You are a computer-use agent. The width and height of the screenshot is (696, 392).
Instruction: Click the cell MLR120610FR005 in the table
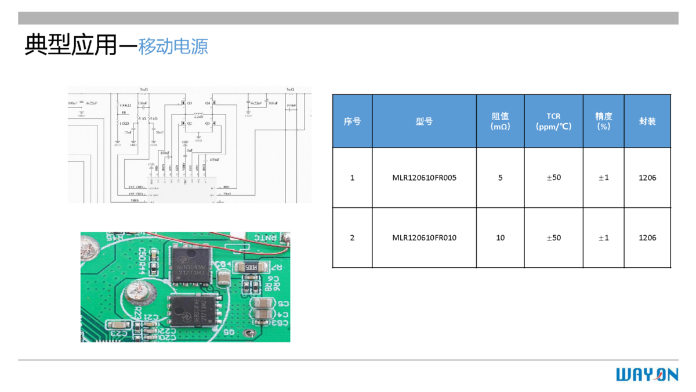pos(424,178)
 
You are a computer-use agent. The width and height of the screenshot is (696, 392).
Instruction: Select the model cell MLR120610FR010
pos(424,238)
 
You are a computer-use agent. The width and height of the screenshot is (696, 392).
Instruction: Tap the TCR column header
pos(553,121)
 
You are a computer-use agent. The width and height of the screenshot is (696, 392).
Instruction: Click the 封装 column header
pos(647,121)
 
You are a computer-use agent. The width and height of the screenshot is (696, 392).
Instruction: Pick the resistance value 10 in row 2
pos(500,238)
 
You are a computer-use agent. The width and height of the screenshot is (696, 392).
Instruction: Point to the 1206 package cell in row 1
pos(647,178)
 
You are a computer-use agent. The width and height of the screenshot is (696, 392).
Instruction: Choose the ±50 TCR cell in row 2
pos(553,238)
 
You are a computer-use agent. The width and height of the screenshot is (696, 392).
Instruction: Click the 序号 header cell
pos(352,121)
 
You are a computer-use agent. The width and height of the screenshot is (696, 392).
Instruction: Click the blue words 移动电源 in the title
pos(173,46)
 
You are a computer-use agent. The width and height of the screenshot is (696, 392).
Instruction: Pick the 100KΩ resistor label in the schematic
pos(125,105)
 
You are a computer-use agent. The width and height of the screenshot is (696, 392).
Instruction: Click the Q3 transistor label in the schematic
pos(207,124)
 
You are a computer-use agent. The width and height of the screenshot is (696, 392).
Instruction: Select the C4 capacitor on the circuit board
pos(224,275)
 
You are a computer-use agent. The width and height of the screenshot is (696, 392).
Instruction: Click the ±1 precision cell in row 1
pos(604,178)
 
